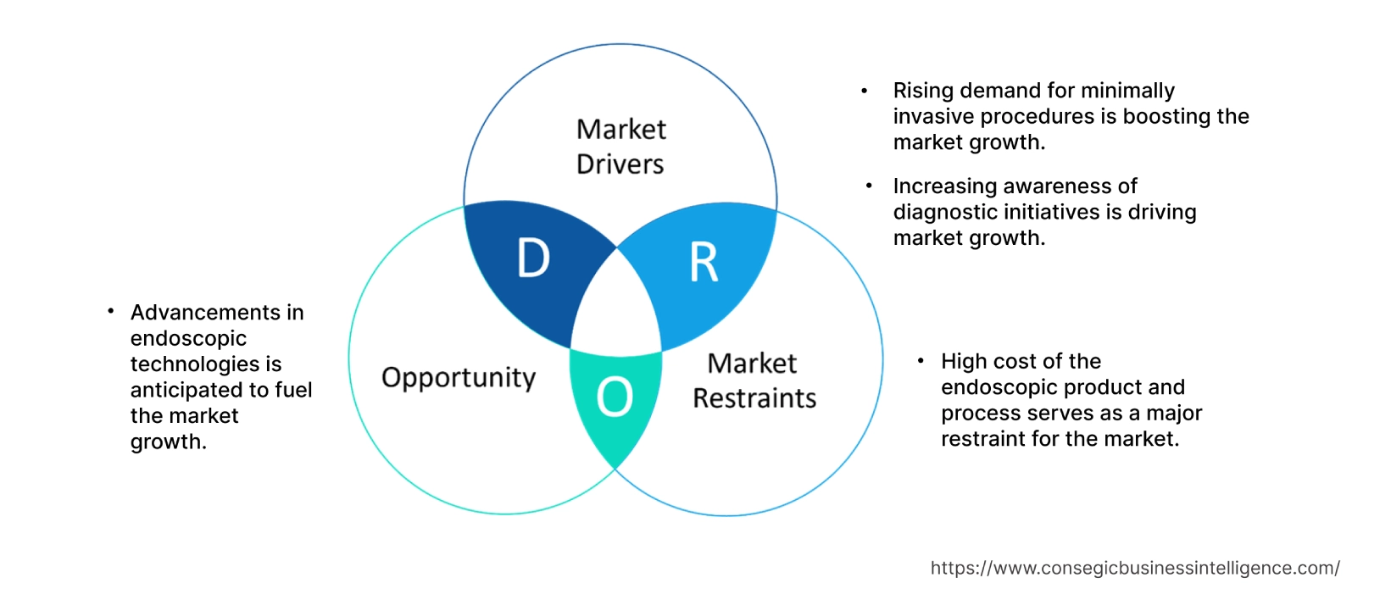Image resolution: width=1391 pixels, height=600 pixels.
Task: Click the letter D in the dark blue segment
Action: click(533, 258)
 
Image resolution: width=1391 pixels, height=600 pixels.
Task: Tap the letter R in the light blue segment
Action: click(704, 263)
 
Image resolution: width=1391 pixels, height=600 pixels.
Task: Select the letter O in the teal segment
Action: click(615, 397)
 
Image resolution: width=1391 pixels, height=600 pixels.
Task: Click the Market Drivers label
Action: click(620, 147)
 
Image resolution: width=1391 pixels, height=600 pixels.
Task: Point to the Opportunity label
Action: click(459, 377)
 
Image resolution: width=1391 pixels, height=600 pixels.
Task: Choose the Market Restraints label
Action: click(754, 381)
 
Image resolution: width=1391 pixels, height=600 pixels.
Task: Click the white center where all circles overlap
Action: click(617, 309)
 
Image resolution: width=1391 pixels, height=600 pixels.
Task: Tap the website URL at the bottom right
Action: click(1135, 568)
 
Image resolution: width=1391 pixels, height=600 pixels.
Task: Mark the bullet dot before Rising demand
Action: click(865, 91)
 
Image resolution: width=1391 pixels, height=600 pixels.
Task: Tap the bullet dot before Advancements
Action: click(111, 313)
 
